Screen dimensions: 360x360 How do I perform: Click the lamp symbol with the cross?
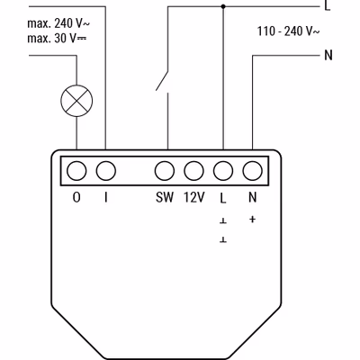point(76,101)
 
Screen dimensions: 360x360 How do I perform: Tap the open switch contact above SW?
point(162,80)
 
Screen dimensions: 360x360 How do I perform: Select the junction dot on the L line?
point(223,6)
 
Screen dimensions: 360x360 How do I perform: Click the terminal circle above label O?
point(76,171)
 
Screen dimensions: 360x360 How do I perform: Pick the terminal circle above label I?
point(106,171)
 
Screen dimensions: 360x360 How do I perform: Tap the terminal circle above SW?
point(165,171)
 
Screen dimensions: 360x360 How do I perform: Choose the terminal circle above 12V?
point(193,171)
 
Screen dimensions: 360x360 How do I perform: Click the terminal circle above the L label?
point(223,171)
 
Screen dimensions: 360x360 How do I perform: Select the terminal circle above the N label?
point(252,171)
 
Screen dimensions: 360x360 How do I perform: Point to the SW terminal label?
point(165,197)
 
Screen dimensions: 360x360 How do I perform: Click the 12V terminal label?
point(194,197)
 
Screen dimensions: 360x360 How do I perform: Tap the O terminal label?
point(76,197)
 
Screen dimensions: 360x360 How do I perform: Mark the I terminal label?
point(106,197)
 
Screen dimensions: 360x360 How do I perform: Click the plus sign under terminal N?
point(252,220)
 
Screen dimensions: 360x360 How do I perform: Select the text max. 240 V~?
point(58,23)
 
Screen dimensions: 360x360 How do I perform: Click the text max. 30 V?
point(57,39)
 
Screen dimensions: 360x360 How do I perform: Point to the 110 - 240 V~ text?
point(288,31)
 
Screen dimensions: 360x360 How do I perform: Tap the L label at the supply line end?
point(328,5)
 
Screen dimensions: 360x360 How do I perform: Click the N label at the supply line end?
point(328,55)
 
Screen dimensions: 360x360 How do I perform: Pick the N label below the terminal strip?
point(253,197)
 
